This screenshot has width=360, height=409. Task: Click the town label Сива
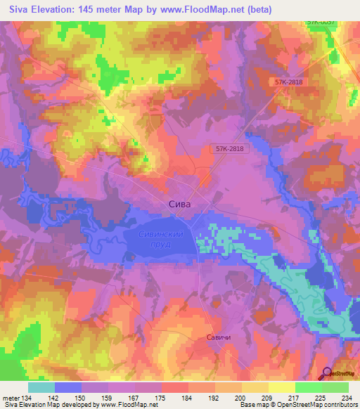[180, 204]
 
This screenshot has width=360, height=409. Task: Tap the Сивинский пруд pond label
[160, 239]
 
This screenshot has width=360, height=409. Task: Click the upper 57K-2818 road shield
[290, 82]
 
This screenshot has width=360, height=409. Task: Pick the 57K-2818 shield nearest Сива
[230, 149]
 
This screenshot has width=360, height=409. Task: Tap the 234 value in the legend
[346, 398]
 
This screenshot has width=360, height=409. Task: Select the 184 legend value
[186, 398]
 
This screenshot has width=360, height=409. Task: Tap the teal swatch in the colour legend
[41, 387]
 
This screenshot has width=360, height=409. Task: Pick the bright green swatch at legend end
[335, 387]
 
